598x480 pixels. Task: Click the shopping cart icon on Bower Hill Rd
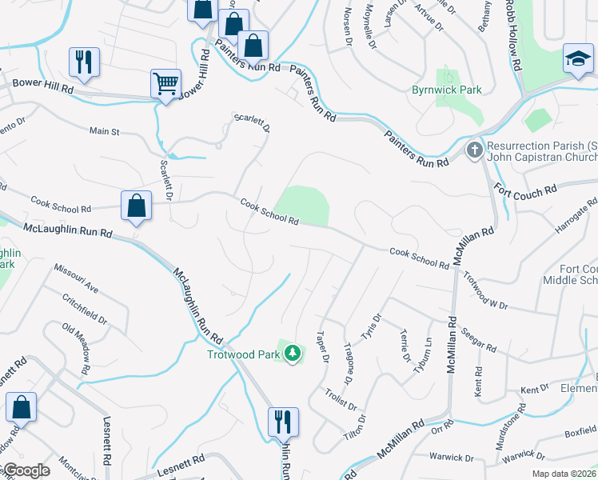click(165, 82)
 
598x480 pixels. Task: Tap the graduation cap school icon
click(578, 59)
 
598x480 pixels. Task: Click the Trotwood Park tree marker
click(293, 353)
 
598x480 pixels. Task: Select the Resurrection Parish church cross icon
click(474, 150)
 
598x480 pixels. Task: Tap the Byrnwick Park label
click(446, 90)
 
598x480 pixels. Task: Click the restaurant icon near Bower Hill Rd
click(83, 61)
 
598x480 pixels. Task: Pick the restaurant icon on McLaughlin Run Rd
click(283, 421)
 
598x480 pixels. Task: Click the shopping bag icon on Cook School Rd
click(137, 205)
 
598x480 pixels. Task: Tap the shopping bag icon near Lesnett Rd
click(22, 406)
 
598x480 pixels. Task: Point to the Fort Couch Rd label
click(525, 191)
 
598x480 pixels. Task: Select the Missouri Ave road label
click(76, 278)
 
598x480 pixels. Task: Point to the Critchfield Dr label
click(85, 309)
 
